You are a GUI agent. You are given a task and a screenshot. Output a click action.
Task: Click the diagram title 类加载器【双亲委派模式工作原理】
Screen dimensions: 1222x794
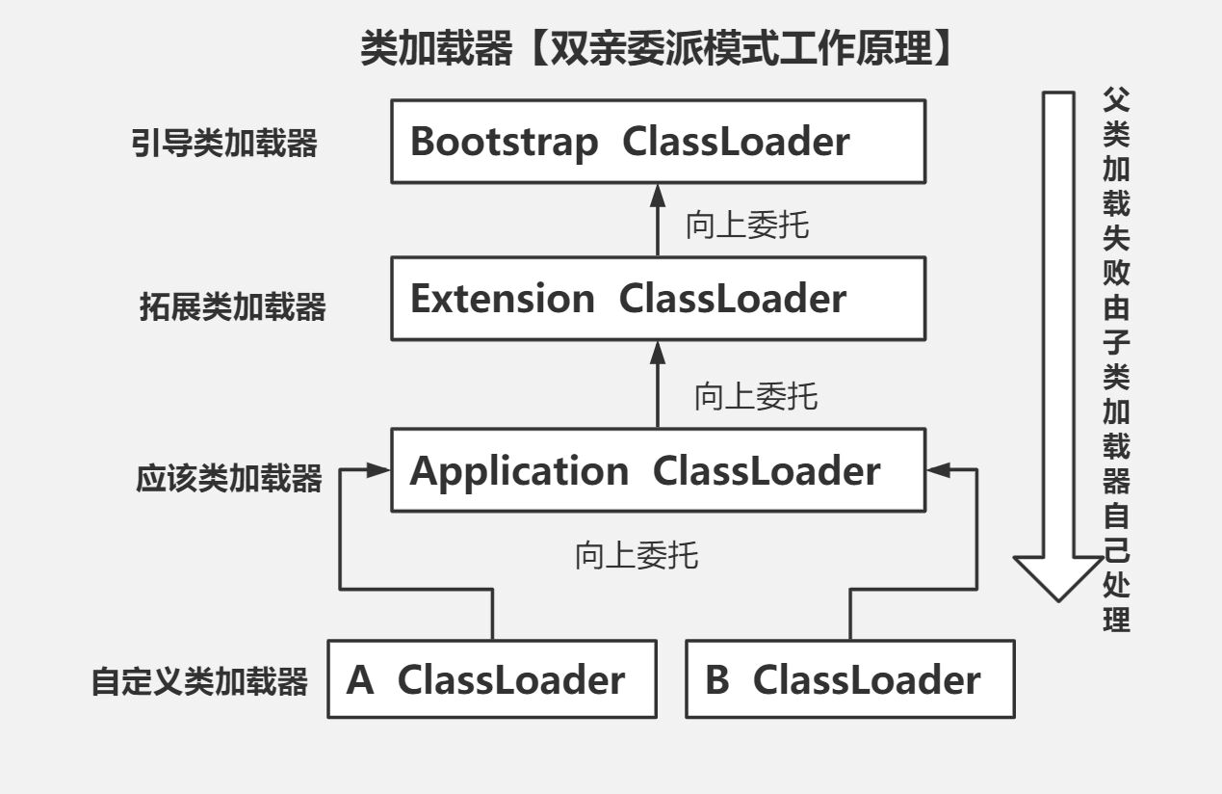658,48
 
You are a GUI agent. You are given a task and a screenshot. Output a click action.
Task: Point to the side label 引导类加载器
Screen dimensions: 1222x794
224,143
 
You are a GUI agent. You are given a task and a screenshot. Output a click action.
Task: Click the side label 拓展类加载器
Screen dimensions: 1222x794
233,306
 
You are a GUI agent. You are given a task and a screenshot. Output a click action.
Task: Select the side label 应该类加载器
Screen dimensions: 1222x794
228,478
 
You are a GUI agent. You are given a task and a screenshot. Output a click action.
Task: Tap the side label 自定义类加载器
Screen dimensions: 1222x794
199,681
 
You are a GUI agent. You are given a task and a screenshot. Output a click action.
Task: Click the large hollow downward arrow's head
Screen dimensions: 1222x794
1058,578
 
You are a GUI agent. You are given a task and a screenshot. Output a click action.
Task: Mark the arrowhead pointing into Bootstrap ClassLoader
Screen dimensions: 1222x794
658,196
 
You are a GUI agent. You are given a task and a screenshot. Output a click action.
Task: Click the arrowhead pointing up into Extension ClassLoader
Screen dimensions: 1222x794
658,353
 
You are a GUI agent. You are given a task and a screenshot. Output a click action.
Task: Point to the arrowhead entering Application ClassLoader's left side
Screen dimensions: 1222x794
378,469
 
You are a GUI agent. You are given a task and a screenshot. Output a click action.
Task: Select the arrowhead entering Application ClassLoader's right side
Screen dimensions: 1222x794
938,469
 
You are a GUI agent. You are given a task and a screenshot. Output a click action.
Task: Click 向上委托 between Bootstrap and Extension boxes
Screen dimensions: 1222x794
747,225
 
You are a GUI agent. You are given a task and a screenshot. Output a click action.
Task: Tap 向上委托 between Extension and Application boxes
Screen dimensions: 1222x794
756,396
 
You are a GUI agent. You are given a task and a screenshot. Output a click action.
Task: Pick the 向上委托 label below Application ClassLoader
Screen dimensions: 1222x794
637,555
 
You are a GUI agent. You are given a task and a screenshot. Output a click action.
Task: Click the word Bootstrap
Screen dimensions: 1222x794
504,142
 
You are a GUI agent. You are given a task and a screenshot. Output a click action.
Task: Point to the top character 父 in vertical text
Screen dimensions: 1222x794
1116,99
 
